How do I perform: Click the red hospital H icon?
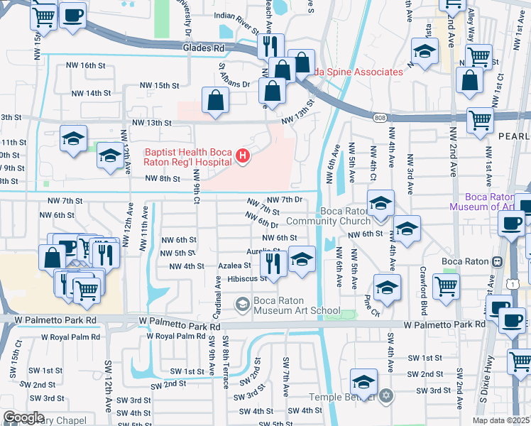[x=243, y=155]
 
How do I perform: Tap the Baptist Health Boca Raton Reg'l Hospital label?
[x=188, y=156]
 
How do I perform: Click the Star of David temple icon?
[x=385, y=395]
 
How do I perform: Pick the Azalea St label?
[x=235, y=265]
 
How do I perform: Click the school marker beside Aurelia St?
[x=302, y=258]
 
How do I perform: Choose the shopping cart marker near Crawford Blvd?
[x=446, y=286]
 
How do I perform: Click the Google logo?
[x=23, y=417]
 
